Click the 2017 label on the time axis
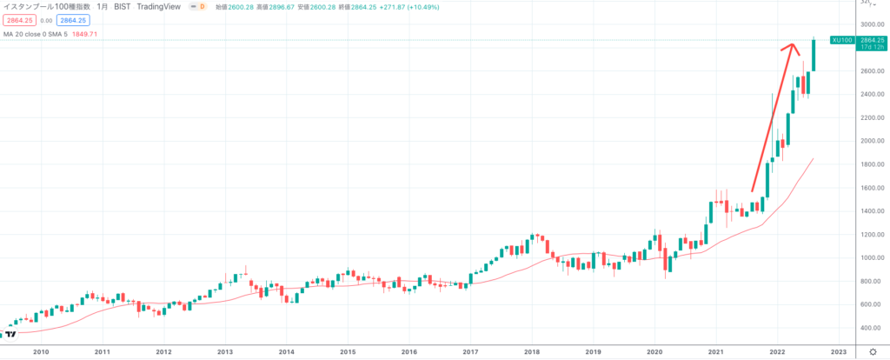coord(470,351)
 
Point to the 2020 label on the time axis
coord(654,351)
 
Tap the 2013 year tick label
coord(225,351)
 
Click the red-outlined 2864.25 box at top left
coord(18,20)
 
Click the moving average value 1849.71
coord(108,34)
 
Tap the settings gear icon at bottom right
coord(872,351)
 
